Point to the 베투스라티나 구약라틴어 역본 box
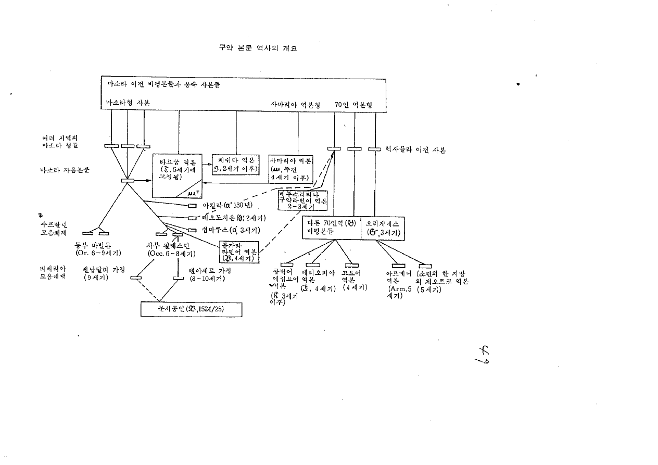pyautogui.click(x=299, y=199)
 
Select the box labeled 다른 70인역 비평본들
pyautogui.click(x=332, y=228)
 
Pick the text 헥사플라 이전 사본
pyautogui.click(x=415, y=149)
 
